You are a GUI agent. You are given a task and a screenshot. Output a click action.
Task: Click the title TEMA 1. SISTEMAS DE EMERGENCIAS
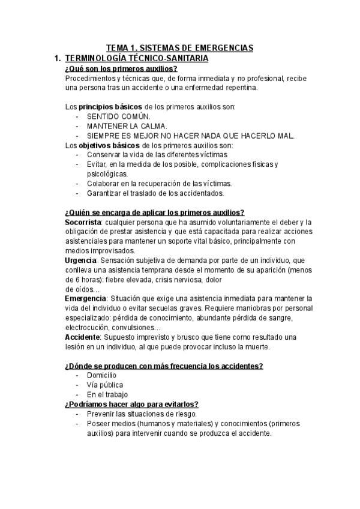pos(180,47)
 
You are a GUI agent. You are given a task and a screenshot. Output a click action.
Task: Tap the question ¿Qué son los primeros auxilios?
pos(121,68)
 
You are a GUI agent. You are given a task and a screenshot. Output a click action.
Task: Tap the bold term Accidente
pos(82,337)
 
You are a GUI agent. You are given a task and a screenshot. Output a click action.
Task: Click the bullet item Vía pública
pos(105,385)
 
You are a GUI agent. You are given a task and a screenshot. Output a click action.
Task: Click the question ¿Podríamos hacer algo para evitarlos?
pos(131,404)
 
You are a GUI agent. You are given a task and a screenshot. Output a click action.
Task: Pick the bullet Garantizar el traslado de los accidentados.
pos(155,193)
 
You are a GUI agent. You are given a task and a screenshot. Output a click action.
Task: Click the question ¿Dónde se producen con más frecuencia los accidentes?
pos(163,366)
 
